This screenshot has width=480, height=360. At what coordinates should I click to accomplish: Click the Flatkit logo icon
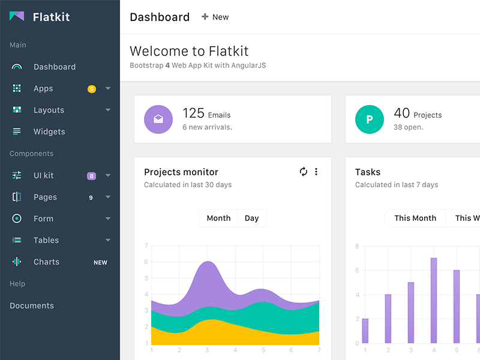[17, 17]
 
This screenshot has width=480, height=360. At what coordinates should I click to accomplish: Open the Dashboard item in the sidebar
[54, 67]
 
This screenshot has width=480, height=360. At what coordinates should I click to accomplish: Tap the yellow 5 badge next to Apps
[92, 89]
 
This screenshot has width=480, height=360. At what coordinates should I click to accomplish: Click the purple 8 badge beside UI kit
[91, 176]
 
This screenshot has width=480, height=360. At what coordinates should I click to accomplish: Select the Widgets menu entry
[49, 131]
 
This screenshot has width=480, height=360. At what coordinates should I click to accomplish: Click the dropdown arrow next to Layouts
[108, 110]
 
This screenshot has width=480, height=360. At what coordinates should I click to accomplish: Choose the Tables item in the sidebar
[46, 240]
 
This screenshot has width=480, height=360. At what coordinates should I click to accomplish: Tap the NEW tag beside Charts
[100, 262]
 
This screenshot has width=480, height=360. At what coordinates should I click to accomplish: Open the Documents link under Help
[32, 305]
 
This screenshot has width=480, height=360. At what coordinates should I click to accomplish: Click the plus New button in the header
[215, 17]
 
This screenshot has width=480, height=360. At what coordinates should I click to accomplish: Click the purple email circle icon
[158, 119]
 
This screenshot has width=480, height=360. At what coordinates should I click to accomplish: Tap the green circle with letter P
[370, 119]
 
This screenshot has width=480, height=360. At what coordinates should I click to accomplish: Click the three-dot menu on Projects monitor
[316, 172]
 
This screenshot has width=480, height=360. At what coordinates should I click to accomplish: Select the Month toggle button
[218, 218]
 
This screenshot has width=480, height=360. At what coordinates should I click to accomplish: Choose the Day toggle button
[252, 218]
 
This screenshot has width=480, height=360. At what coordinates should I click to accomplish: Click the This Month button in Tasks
[415, 218]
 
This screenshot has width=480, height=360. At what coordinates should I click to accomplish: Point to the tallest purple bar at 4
[433, 300]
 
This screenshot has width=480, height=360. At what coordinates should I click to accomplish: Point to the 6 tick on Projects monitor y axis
[146, 262]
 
